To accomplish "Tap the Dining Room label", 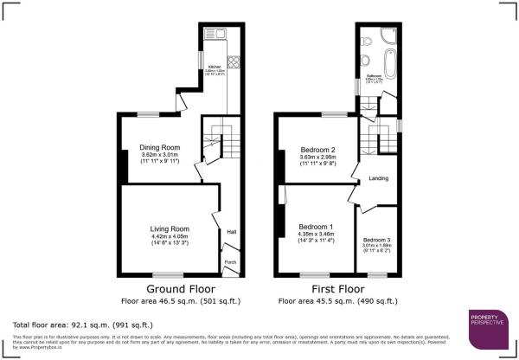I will coord(158,147).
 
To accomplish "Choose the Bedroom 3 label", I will coord(376,239).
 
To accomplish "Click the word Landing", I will coord(378,179).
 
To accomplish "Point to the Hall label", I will coord(231,232).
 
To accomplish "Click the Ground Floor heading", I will coord(180,289).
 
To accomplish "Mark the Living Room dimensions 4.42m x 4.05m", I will coord(170,236).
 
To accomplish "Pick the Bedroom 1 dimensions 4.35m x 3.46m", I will coord(317,235).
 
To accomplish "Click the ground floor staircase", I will coord(216,138).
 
